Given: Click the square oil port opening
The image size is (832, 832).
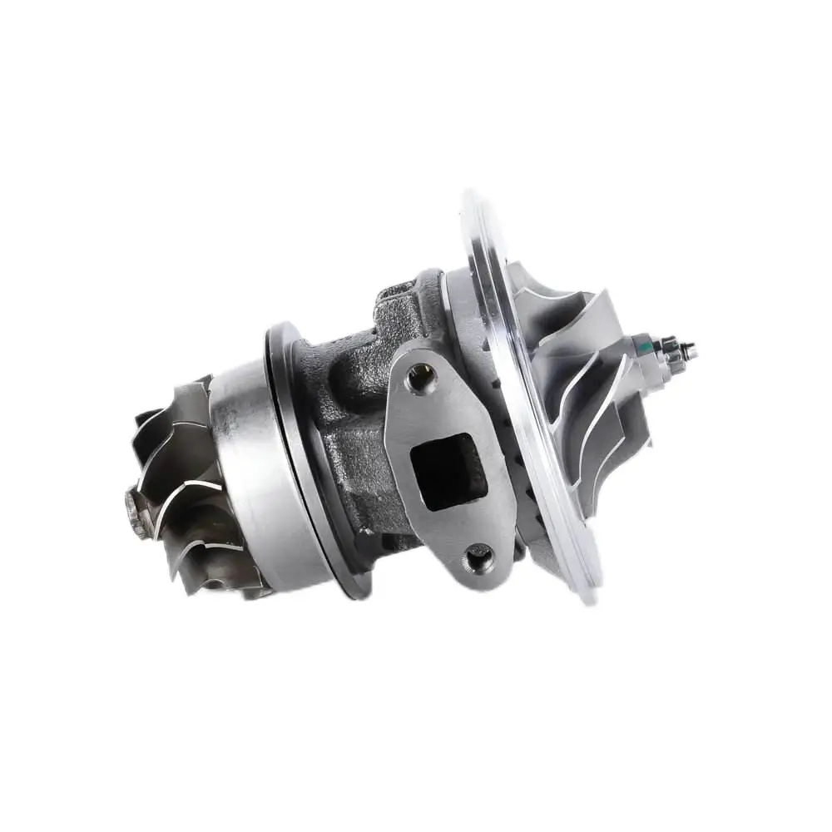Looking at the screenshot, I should click(448, 470).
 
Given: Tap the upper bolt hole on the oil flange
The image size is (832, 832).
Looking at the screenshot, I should click(420, 379).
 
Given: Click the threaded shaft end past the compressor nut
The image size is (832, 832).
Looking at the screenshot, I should click(690, 353).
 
